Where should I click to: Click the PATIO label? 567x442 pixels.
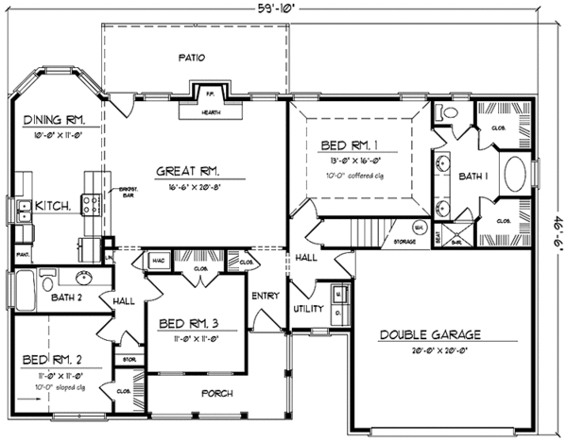point(192,59)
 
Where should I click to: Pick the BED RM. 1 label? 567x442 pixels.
point(352,146)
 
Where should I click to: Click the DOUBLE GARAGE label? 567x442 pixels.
point(431,334)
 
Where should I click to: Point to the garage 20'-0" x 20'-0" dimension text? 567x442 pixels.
point(431,350)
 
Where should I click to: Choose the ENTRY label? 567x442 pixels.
point(265,296)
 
